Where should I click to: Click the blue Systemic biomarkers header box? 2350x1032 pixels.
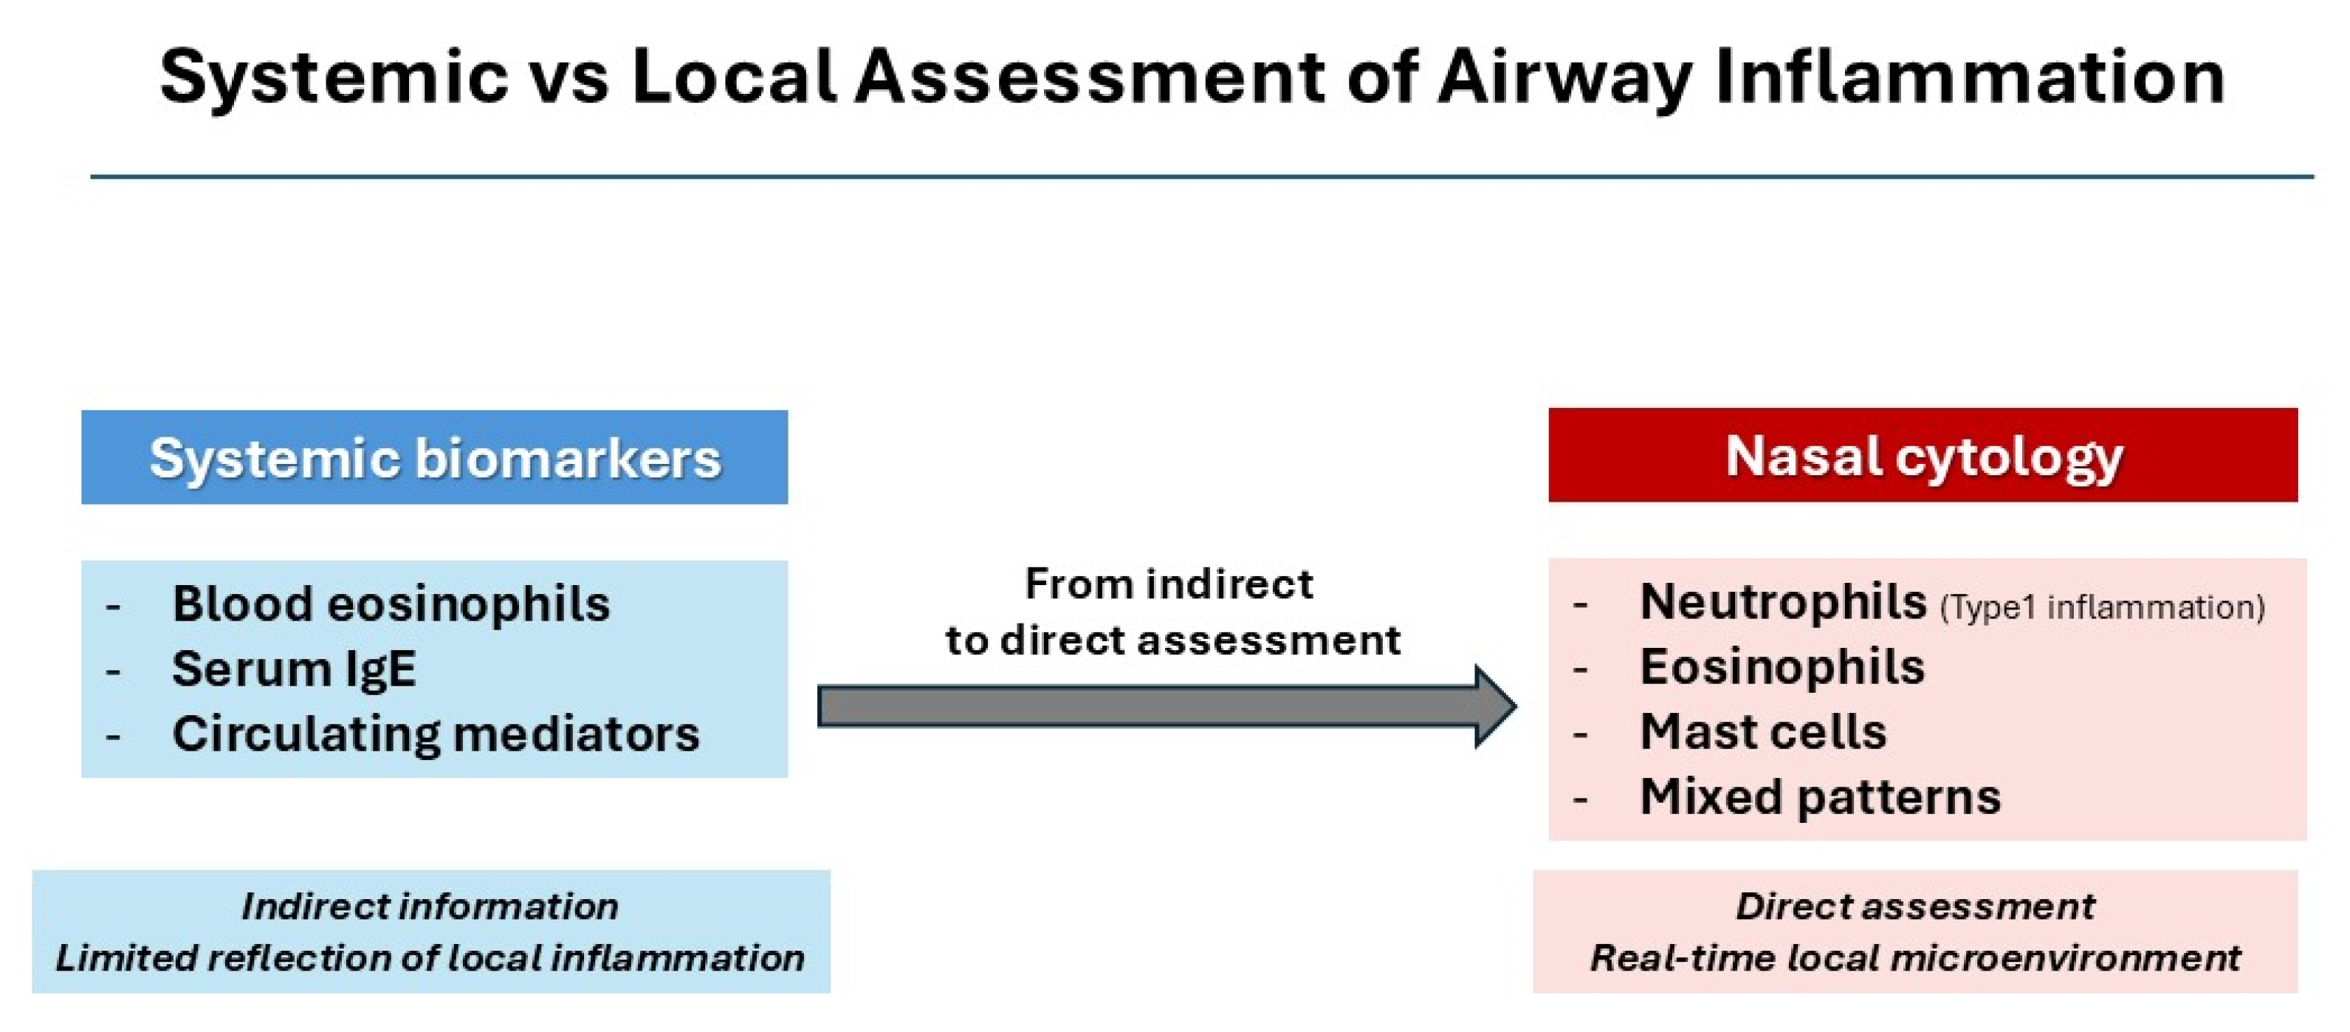[x=434, y=457]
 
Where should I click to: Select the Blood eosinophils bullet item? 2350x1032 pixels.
[x=391, y=604]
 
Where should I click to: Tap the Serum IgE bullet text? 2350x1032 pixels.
[x=294, y=669]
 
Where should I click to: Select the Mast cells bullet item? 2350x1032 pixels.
[x=1762, y=732]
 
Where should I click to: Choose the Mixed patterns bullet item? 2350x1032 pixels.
[x=1820, y=796]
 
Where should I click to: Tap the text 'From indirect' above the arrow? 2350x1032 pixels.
[x=1169, y=584]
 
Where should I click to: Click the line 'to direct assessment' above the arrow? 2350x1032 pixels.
[x=1172, y=640]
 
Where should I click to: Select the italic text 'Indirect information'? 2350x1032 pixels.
[x=430, y=907]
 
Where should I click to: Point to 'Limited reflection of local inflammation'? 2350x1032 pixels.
[x=430, y=958]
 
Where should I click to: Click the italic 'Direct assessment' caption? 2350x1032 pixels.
[x=1915, y=907]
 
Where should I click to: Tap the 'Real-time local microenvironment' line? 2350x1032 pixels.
[x=1915, y=958]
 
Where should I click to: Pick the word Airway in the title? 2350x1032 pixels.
[x=1564, y=78]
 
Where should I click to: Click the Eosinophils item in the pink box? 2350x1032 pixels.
[x=1782, y=667]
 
